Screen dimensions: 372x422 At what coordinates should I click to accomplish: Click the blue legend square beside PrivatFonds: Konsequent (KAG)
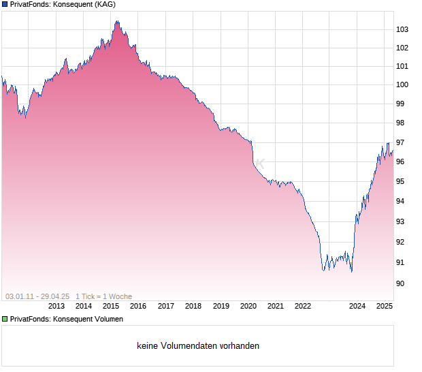(x=5, y=4)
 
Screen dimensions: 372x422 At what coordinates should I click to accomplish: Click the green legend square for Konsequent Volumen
(x=5, y=319)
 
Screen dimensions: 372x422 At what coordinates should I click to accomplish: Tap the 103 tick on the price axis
(x=402, y=29)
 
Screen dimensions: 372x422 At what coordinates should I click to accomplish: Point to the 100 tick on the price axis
(x=402, y=85)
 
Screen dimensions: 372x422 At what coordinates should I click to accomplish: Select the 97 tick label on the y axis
(x=400, y=142)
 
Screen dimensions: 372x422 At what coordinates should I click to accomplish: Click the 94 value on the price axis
(x=400, y=201)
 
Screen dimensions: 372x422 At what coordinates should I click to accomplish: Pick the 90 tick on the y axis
(x=400, y=283)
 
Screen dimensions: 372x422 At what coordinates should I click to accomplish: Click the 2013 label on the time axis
(x=56, y=306)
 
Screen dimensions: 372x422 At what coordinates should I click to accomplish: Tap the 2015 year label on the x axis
(x=111, y=306)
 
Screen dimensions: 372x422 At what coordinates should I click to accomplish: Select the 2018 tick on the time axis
(x=193, y=306)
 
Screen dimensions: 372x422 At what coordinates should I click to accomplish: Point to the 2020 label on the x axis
(x=248, y=306)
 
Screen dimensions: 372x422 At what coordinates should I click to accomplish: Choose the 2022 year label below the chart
(x=302, y=306)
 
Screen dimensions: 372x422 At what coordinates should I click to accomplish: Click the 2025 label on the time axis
(x=385, y=306)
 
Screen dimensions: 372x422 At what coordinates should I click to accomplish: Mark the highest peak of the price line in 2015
(x=117, y=21)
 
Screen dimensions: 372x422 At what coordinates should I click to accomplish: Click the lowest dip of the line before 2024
(x=351, y=272)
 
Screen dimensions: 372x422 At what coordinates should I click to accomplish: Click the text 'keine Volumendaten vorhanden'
(x=198, y=346)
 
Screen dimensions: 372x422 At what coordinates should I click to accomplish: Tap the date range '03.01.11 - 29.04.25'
(x=37, y=296)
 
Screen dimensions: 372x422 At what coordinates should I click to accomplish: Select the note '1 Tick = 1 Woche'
(x=103, y=296)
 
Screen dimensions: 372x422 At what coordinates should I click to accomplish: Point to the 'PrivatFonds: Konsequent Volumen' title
(x=67, y=319)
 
